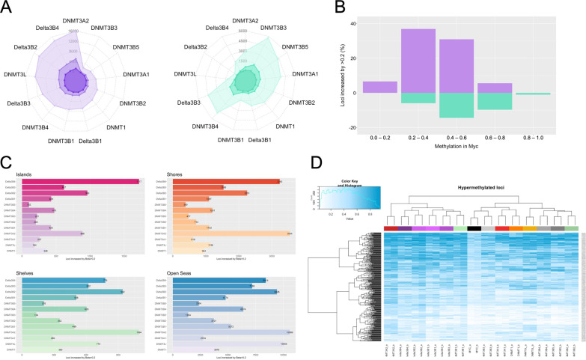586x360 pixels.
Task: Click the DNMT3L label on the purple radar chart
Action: coord(20,74)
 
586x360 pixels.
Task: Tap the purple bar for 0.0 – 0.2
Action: coord(380,87)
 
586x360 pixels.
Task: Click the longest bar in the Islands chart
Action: coord(81,181)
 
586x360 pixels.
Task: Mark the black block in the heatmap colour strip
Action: coord(473,228)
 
